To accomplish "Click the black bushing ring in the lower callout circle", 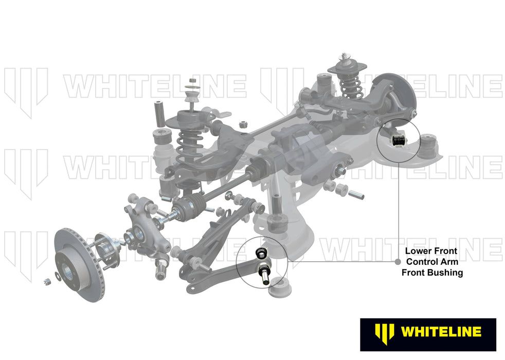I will pyautogui.click(x=261, y=253).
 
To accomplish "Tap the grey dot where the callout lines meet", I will pyautogui.click(x=397, y=261).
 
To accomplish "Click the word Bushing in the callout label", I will pyautogui.click(x=445, y=273).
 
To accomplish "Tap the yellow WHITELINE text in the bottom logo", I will pyautogui.click(x=441, y=332).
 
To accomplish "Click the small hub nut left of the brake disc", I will pyautogui.click(x=46, y=281).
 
